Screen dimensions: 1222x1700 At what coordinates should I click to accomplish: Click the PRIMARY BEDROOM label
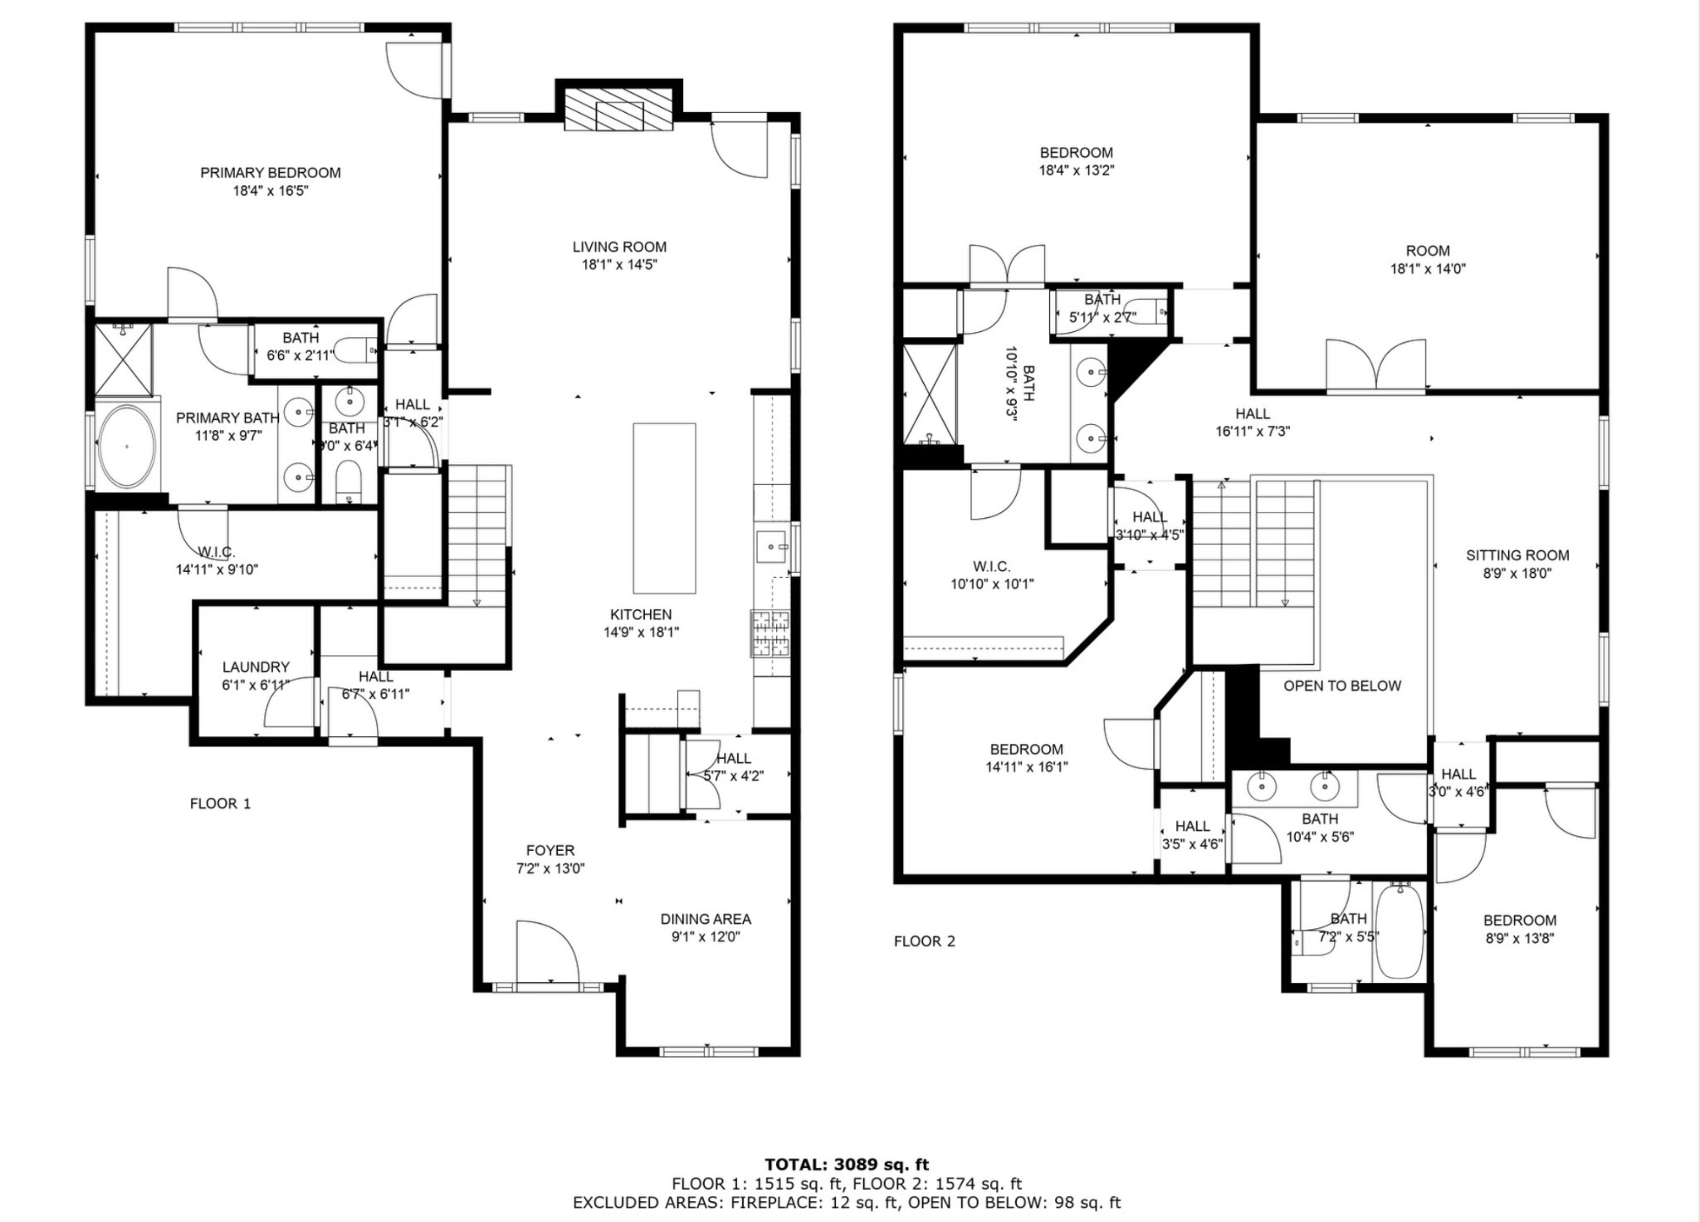[x=270, y=173]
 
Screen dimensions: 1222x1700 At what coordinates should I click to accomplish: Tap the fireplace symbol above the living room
[x=618, y=109]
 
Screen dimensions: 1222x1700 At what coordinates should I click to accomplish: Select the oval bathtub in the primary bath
[x=127, y=447]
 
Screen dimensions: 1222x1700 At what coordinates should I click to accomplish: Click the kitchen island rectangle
[x=664, y=508]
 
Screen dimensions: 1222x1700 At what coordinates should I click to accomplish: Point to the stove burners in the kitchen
[x=770, y=633]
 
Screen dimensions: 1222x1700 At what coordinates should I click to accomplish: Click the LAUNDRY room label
[x=256, y=667]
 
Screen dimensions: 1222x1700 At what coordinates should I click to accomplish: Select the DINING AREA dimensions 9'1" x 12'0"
[x=706, y=937]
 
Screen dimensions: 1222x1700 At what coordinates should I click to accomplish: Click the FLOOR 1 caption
[x=220, y=804]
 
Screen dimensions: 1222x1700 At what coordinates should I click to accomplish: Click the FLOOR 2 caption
[x=924, y=941]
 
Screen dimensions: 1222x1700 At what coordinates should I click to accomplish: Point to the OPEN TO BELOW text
[x=1341, y=686]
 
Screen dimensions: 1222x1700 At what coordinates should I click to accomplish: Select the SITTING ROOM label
[x=1517, y=555]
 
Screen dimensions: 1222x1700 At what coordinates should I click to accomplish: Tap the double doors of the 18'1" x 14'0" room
[x=1375, y=365]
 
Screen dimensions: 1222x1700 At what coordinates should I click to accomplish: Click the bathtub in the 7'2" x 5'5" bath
[x=1400, y=931]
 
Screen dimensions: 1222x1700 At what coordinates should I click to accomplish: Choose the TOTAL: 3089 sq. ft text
[x=846, y=1165]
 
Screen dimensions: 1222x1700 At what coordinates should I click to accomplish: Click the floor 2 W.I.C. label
[x=991, y=566]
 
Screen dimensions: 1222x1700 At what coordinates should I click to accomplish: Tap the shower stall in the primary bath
[x=123, y=359]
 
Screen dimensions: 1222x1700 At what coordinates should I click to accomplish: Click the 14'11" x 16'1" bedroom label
[x=1026, y=749]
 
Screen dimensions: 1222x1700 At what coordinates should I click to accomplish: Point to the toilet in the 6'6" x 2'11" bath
[x=363, y=351]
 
